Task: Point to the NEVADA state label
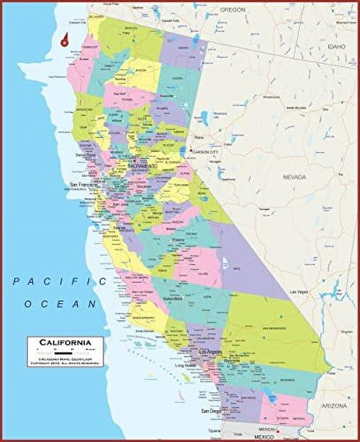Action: point(295,177)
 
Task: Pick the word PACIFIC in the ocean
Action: point(60,281)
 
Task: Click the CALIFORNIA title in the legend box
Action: point(65,342)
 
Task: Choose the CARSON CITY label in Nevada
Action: point(206,152)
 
